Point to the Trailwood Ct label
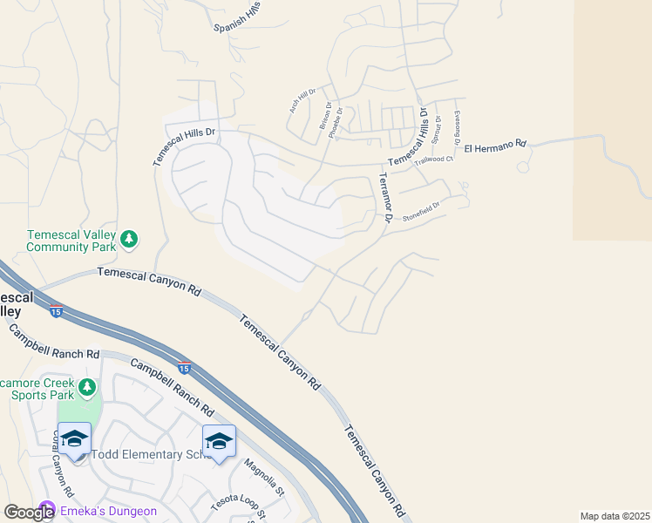coord(434,160)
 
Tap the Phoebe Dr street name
coord(340,120)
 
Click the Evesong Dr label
coord(457,128)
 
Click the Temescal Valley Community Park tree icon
coord(130,238)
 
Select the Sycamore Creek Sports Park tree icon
coord(86,385)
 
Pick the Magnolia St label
coord(264,478)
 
